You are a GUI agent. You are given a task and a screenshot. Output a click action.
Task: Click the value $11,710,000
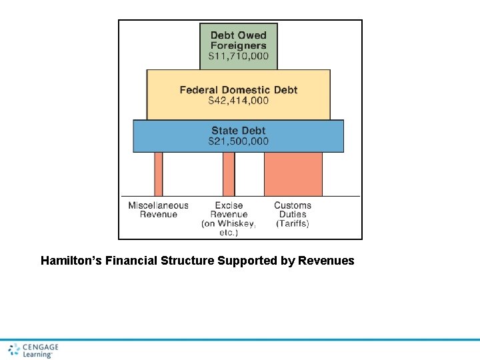(239, 57)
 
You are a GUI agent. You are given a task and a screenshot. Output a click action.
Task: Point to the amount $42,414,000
(239, 101)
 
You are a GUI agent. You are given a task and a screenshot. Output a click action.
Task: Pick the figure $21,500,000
(239, 141)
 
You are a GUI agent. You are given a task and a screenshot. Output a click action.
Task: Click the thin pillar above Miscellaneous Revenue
(158, 174)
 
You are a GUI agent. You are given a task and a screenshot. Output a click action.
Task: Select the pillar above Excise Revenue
(229, 174)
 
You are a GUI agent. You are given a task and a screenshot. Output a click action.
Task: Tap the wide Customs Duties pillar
(293, 174)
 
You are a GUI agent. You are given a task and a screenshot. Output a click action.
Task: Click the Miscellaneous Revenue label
(159, 210)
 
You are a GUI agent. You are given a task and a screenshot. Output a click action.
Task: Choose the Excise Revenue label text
(229, 210)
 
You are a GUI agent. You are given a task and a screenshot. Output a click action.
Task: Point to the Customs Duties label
(293, 210)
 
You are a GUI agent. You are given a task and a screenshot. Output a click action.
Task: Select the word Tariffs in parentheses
(293, 224)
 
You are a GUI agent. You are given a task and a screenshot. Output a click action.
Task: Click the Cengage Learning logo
(33, 351)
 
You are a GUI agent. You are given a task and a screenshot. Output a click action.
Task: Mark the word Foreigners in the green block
(239, 46)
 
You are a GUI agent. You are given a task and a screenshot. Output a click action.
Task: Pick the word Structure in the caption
(187, 261)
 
